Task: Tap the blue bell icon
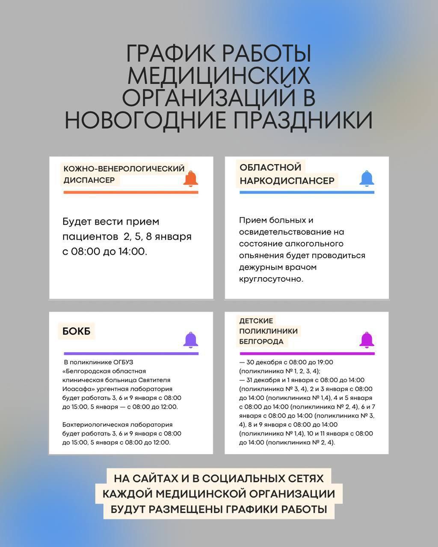[x=367, y=178]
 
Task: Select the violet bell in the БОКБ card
[x=191, y=340]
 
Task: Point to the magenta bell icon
[x=367, y=340]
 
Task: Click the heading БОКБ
[x=77, y=331]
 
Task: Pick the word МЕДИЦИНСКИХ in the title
[x=219, y=76]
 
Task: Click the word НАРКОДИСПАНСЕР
[x=287, y=181]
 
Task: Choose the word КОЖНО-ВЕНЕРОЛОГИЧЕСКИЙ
[x=124, y=169]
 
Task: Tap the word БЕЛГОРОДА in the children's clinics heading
[x=261, y=341]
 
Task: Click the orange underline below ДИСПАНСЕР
[x=131, y=192]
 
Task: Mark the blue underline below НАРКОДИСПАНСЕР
[x=307, y=192]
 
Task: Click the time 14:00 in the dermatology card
[x=132, y=251]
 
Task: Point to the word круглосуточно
[x=270, y=279]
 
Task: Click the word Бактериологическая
[x=93, y=424]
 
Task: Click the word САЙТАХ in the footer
[x=155, y=478]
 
